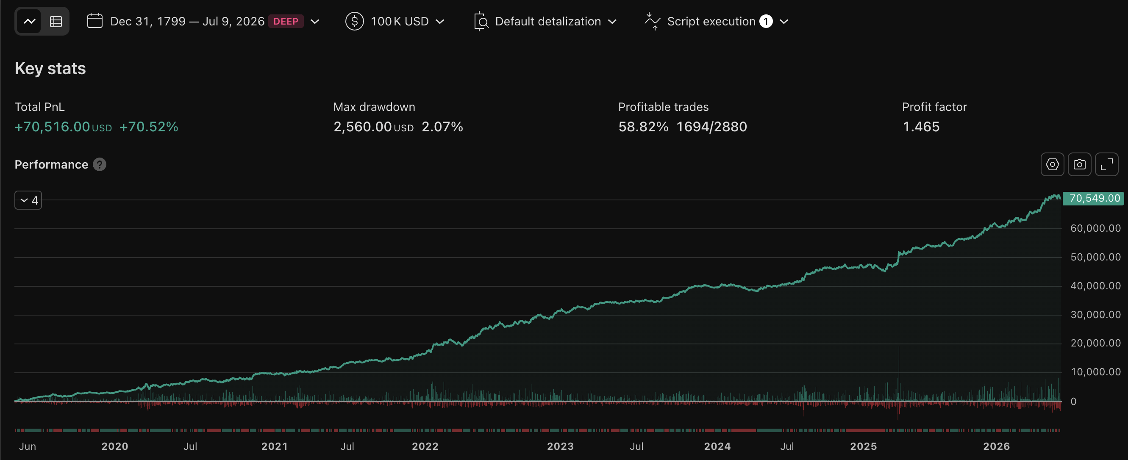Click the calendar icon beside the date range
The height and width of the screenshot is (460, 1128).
pyautogui.click(x=94, y=21)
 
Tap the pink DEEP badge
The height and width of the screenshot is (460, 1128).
pyautogui.click(x=286, y=21)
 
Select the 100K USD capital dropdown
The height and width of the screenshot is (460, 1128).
pyautogui.click(x=395, y=21)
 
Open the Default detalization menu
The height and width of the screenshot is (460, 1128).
pyautogui.click(x=545, y=21)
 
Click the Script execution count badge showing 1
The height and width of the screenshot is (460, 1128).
pyautogui.click(x=766, y=21)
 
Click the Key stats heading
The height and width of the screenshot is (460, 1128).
pyautogui.click(x=50, y=68)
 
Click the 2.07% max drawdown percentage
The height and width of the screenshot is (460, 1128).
pyautogui.click(x=442, y=127)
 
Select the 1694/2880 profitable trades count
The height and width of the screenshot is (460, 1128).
pyautogui.click(x=711, y=127)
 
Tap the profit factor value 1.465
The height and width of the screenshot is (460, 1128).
pyautogui.click(x=921, y=127)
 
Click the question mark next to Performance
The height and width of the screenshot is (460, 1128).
pyautogui.click(x=100, y=165)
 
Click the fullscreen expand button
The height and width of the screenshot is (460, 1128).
pyautogui.click(x=1106, y=165)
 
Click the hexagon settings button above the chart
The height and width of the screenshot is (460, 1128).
pyautogui.click(x=1052, y=165)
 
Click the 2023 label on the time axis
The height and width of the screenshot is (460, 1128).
pyautogui.click(x=560, y=446)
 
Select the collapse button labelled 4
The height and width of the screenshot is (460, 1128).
pyautogui.click(x=28, y=200)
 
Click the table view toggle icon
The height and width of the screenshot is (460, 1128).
pyautogui.click(x=56, y=21)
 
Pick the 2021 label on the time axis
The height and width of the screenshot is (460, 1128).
pyautogui.click(x=275, y=446)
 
